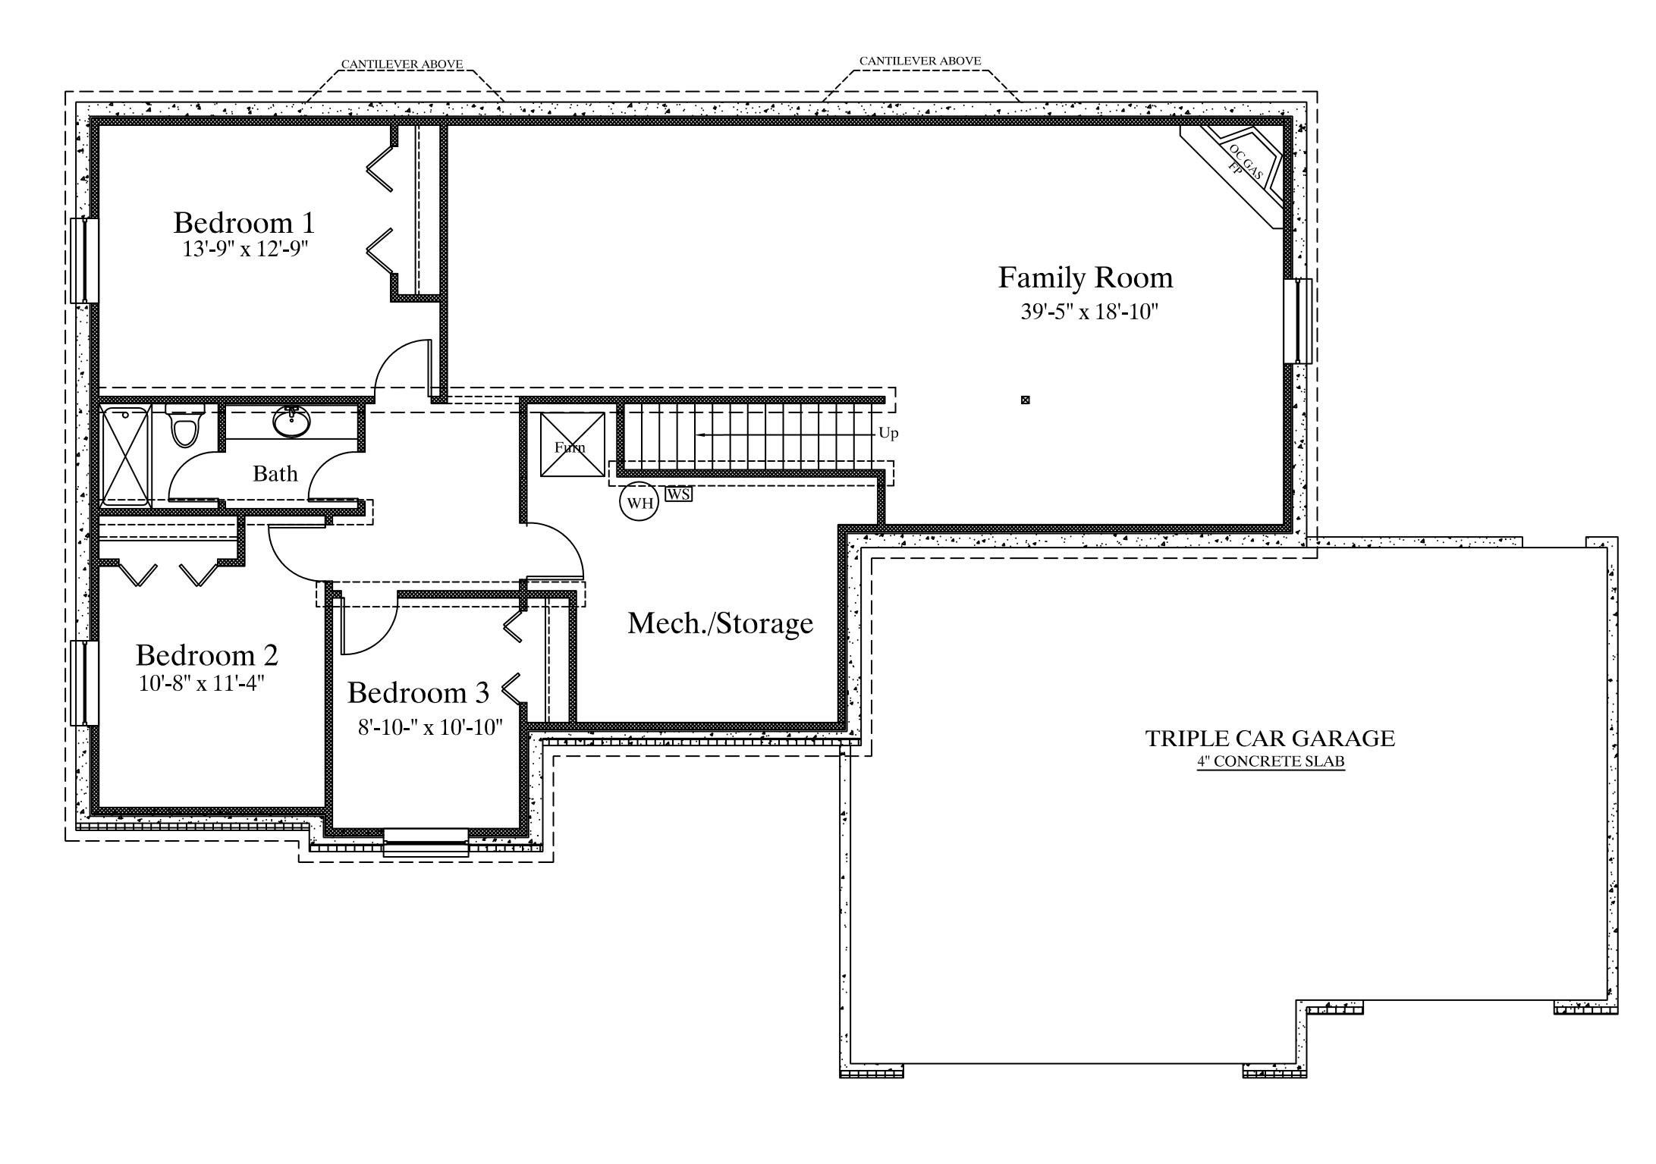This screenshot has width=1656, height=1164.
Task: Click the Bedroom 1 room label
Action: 244,223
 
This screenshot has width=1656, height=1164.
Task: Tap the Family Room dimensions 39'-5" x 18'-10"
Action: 1089,312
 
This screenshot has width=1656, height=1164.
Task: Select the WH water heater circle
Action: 639,503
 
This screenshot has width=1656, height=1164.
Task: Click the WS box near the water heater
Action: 679,494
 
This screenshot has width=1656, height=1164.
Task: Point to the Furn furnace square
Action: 573,444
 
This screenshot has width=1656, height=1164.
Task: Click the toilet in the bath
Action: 184,425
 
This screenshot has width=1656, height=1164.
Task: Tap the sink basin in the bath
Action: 292,422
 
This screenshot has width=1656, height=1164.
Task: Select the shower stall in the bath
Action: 126,457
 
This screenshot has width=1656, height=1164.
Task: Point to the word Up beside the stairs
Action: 888,434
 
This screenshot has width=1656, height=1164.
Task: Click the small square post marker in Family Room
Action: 1026,400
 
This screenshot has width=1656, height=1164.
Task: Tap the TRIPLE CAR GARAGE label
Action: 1270,739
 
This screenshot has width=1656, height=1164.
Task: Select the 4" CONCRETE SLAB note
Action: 1271,762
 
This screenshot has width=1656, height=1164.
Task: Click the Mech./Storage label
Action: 721,623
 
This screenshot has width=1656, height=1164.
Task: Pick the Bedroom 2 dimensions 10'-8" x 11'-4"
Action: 202,684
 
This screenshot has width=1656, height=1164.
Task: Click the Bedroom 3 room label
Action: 418,692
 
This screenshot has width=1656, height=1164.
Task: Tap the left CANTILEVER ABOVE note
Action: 402,64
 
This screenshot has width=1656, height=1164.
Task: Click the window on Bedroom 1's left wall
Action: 85,261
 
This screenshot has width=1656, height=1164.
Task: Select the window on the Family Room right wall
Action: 1298,322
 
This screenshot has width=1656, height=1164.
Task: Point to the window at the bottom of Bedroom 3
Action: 426,842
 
